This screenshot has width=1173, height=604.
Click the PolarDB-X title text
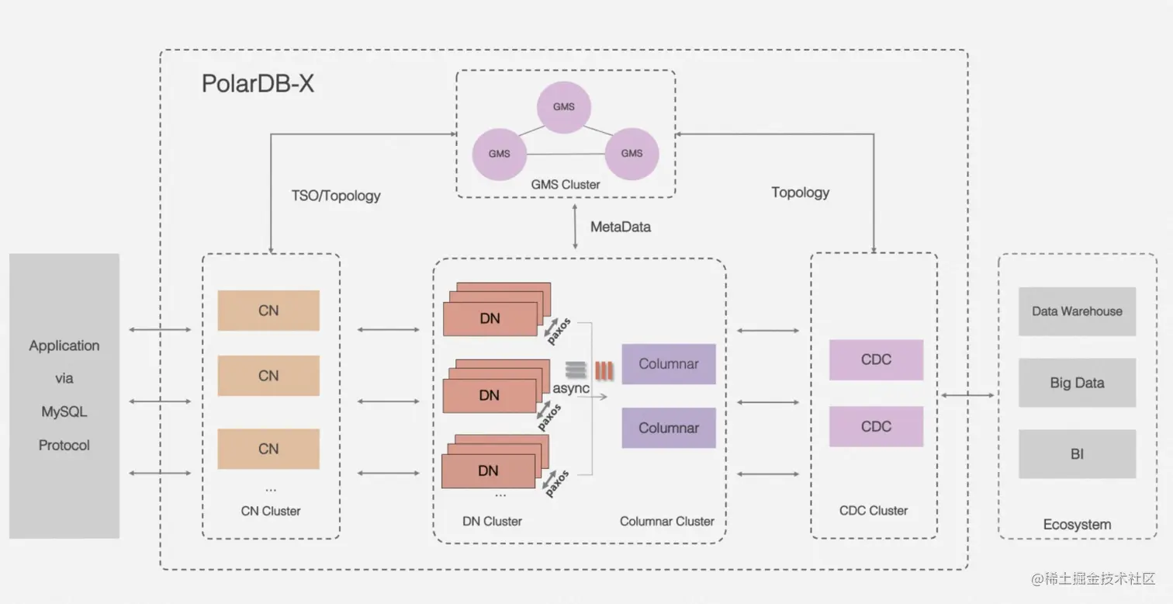click(x=258, y=83)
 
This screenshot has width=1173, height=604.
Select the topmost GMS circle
click(x=564, y=107)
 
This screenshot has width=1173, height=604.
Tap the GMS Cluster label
click(x=565, y=185)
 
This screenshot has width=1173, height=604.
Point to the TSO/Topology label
click(x=336, y=196)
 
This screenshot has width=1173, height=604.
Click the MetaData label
click(x=621, y=227)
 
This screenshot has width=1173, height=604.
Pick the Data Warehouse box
click(x=1077, y=311)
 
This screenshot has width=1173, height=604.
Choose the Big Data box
click(x=1077, y=383)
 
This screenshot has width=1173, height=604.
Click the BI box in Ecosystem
click(x=1077, y=454)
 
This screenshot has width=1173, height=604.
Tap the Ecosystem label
click(x=1077, y=525)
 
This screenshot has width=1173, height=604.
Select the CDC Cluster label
click(x=874, y=511)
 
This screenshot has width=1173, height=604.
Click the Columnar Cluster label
click(x=666, y=522)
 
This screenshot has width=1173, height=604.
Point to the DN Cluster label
click(x=492, y=522)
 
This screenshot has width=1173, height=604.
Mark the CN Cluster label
click(x=271, y=511)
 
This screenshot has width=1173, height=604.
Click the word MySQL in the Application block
click(x=64, y=411)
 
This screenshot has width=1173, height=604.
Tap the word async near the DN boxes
click(x=571, y=387)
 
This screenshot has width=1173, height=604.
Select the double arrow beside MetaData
click(x=575, y=227)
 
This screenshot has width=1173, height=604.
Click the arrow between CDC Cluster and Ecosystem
click(x=967, y=395)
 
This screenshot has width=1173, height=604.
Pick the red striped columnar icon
click(x=604, y=370)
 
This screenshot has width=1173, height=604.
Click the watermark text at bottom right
click(x=1094, y=579)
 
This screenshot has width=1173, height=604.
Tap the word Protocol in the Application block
click(x=64, y=446)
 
